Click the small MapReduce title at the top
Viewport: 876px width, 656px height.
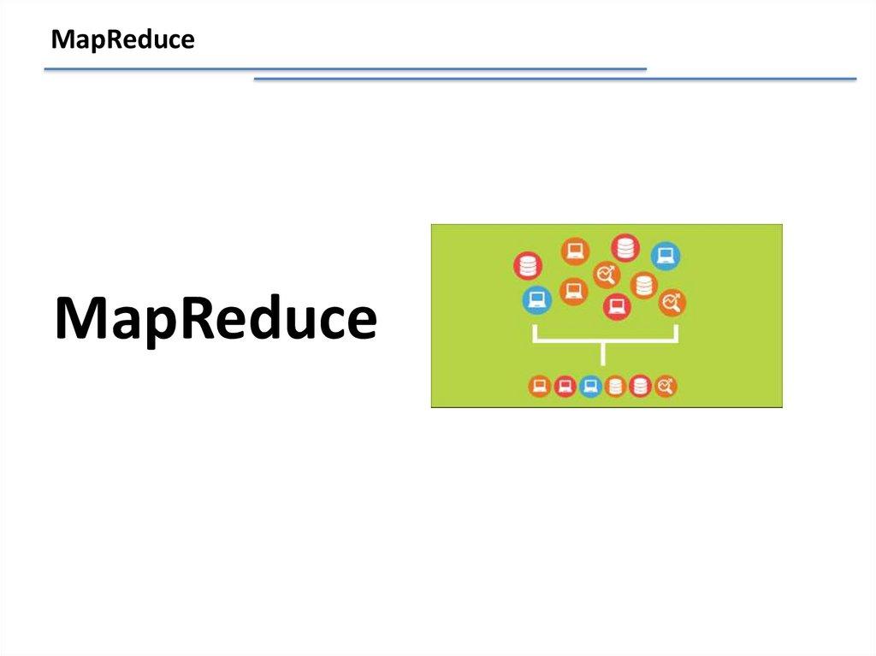(x=123, y=40)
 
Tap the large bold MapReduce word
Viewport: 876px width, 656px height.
(x=216, y=318)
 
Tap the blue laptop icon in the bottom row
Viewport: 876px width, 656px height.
(x=590, y=386)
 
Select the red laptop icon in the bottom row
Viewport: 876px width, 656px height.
(x=565, y=386)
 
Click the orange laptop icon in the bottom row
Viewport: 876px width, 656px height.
(x=540, y=386)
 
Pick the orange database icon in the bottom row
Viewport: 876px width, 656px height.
(x=615, y=386)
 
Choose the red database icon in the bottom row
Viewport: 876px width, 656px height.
(x=640, y=386)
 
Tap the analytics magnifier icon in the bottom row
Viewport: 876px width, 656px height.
(x=666, y=386)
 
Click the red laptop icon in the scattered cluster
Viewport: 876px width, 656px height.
(x=617, y=306)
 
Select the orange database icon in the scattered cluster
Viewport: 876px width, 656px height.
(x=643, y=286)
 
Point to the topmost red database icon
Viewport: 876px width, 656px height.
(x=624, y=247)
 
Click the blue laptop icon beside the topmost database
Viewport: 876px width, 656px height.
(x=666, y=256)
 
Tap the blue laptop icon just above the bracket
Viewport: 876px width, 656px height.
(x=537, y=299)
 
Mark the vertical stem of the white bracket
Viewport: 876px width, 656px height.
(x=603, y=354)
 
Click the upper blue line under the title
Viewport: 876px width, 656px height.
(x=346, y=69)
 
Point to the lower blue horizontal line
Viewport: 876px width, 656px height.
(x=555, y=79)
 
